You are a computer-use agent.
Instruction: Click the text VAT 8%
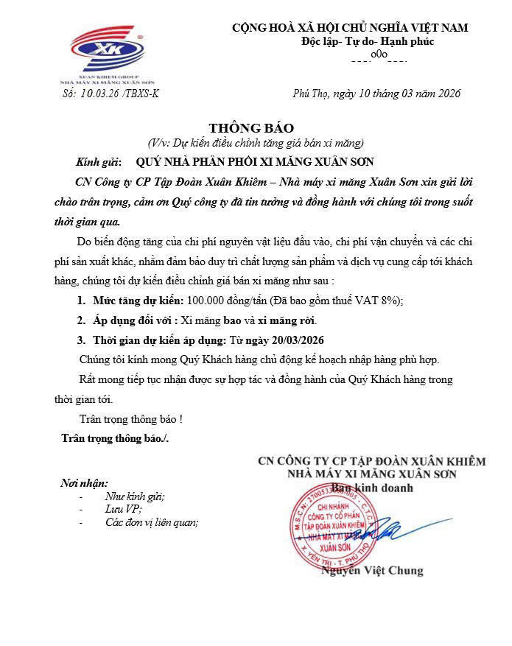point(382,301)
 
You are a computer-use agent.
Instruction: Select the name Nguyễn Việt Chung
point(382,570)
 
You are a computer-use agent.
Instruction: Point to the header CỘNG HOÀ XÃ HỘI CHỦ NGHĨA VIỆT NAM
point(350,27)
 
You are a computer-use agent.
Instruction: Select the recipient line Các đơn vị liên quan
point(152,523)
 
